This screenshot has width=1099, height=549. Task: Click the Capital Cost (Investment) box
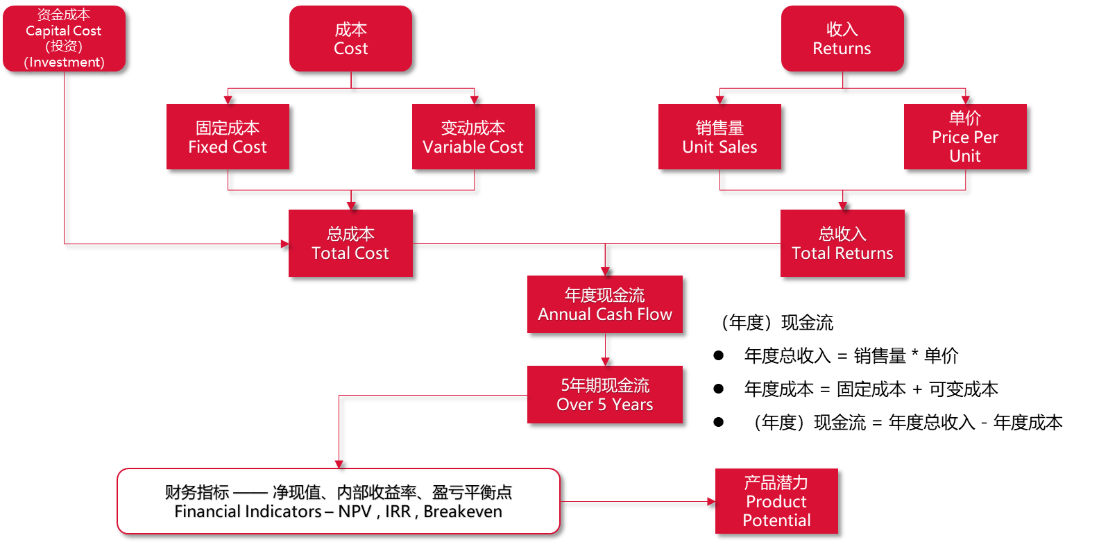tap(64, 38)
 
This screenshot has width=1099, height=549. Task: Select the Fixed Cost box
tap(228, 137)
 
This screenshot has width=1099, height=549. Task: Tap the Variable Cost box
tap(473, 137)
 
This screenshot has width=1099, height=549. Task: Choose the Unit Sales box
tap(719, 137)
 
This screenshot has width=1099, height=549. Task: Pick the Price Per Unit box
tap(965, 137)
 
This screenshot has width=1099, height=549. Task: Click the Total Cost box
tap(350, 243)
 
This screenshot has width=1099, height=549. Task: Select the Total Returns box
tap(842, 243)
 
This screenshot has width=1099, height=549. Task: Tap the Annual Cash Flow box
tap(605, 304)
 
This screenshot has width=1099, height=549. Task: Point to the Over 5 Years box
tap(605, 394)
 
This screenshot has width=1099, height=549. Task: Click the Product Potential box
tap(776, 501)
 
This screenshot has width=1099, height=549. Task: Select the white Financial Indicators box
tap(339, 501)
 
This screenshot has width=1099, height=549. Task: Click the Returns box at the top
tap(842, 38)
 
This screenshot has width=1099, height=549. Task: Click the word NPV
tap(355, 512)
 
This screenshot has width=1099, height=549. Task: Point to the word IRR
tap(398, 512)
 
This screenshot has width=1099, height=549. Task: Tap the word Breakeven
tap(463, 512)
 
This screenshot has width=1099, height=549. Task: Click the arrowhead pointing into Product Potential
tap(710, 501)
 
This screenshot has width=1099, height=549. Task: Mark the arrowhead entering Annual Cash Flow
tap(605, 271)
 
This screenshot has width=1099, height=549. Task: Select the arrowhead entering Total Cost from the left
tap(284, 244)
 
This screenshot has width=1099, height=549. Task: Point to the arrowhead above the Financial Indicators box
tap(339, 464)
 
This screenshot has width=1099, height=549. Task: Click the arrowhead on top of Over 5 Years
tap(605, 362)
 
